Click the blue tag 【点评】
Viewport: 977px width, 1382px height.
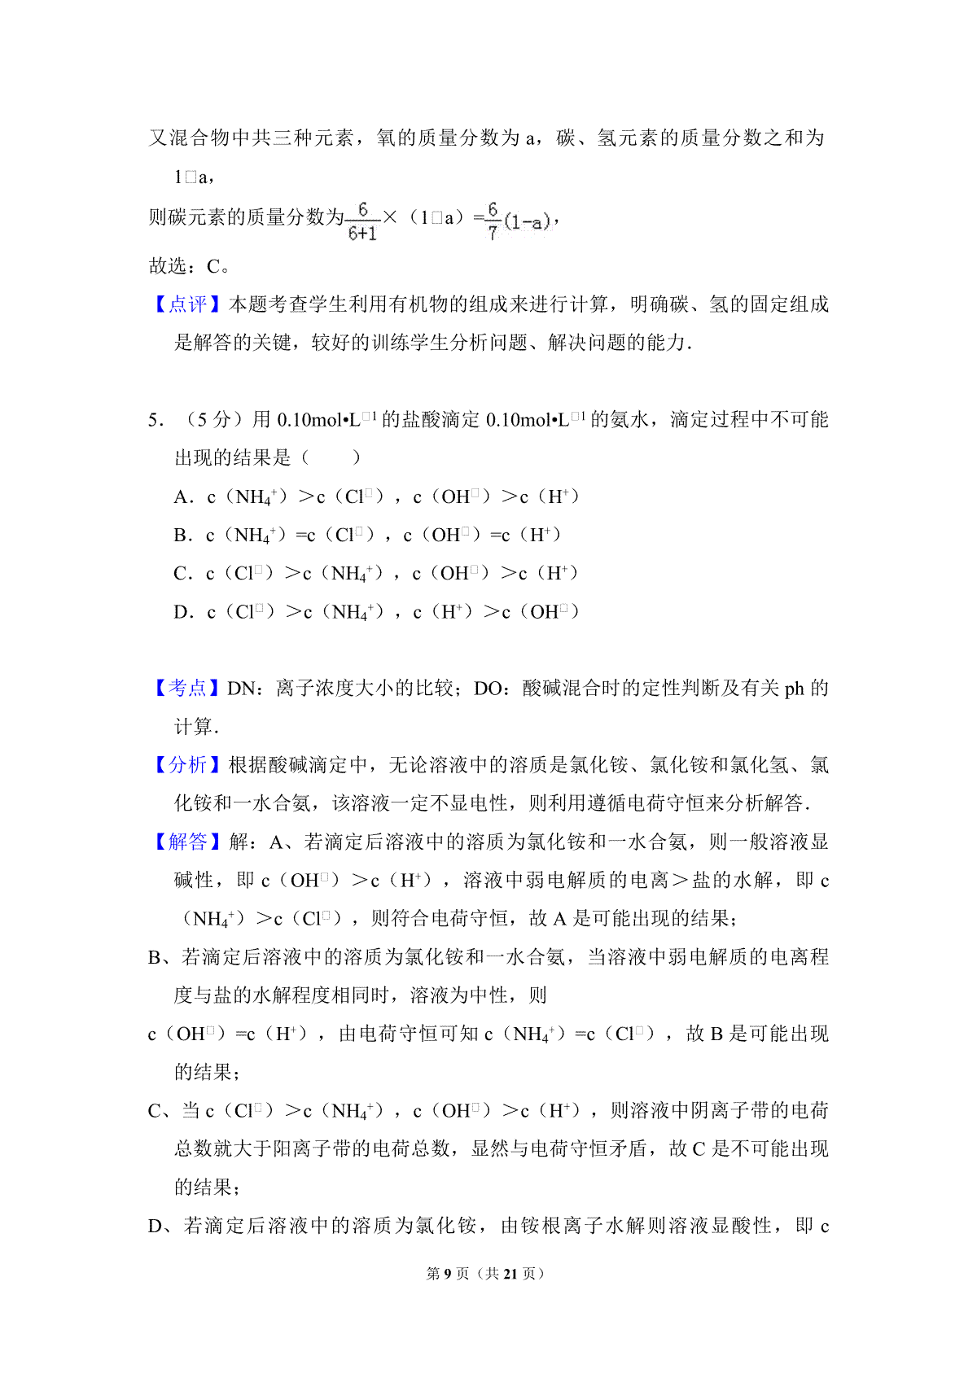(188, 304)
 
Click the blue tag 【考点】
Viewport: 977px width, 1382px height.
(188, 689)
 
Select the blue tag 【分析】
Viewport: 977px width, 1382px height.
(188, 765)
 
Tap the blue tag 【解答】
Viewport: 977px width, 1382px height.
(188, 842)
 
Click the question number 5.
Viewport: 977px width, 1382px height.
(156, 420)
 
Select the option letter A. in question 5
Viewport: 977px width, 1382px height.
(183, 497)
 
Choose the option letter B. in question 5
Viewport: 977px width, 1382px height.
(183, 536)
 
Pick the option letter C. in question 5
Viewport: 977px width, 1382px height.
(183, 574)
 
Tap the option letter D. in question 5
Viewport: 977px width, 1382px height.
(183, 612)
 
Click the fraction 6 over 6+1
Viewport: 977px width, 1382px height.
(362, 221)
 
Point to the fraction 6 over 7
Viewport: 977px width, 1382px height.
(493, 221)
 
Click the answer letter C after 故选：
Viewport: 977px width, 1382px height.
(213, 266)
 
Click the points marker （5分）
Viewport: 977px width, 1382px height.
(208, 420)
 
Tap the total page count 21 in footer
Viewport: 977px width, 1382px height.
(510, 1274)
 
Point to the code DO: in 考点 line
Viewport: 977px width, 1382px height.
(491, 689)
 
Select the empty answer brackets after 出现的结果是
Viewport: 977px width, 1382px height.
(331, 458)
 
